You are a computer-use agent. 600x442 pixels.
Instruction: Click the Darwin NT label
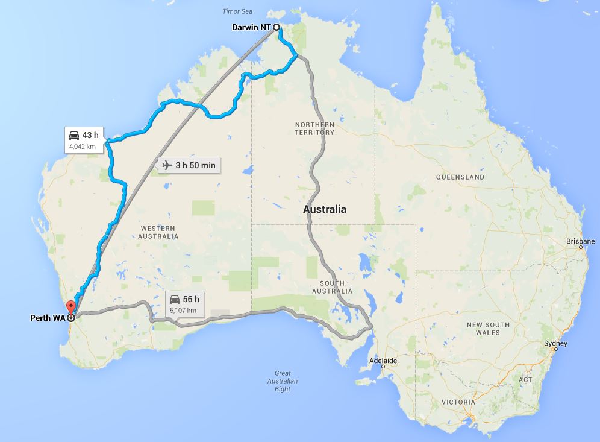pos(251,27)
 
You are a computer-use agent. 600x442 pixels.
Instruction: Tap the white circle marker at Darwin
pos(277,27)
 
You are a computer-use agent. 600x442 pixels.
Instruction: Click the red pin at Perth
pos(70,306)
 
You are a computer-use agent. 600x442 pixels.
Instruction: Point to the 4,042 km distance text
pos(83,145)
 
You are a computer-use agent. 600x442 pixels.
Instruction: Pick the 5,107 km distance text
pos(183,310)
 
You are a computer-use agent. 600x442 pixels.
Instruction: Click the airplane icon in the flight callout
pos(167,165)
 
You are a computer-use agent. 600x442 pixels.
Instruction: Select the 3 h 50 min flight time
pos(195,165)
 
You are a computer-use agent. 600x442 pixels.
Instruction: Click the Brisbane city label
pos(581,241)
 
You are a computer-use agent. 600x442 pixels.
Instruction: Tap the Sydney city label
pos(555,343)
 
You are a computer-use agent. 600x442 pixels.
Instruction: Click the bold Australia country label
pos(325,210)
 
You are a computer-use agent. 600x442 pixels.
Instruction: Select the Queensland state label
pos(460,177)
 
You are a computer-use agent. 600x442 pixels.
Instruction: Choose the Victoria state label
pos(458,402)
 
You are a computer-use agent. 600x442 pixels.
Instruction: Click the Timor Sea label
pos(238,11)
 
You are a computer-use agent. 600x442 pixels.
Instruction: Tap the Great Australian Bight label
pos(282,381)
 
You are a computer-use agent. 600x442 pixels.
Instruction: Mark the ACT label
pos(525,380)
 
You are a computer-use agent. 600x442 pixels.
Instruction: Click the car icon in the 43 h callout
pos(74,134)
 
